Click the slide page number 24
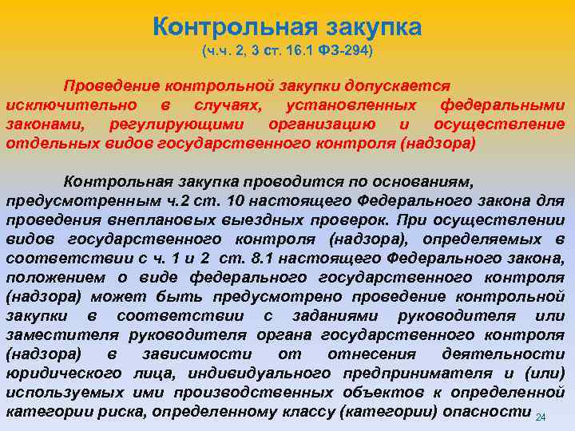[541, 418]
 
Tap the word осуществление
[499, 125]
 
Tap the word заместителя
[61, 335]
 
